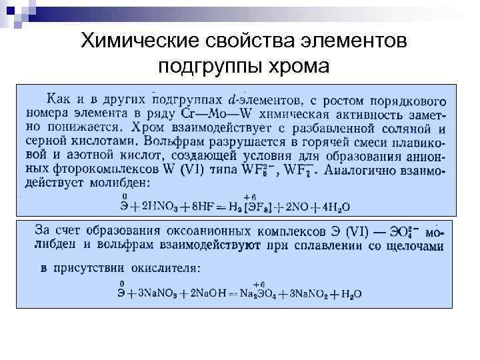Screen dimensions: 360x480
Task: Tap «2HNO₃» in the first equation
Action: pos(158,206)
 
